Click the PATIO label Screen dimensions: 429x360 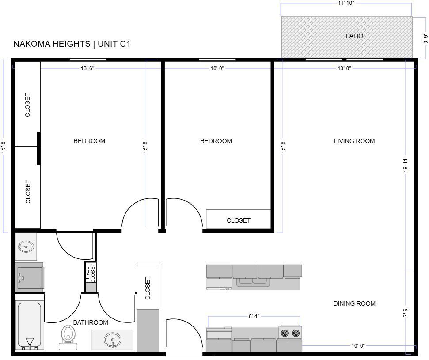click(x=354, y=36)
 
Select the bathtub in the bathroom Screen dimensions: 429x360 click(x=30, y=325)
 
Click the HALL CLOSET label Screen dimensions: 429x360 click(x=90, y=273)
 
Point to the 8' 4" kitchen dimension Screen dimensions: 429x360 click(x=254, y=316)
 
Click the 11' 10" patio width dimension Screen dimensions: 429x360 click(x=346, y=3)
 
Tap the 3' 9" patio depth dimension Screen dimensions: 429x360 click(x=425, y=38)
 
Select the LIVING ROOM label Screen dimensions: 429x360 click(x=354, y=141)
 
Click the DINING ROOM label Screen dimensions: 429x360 click(x=354, y=303)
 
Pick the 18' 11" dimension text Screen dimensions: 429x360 click(x=406, y=164)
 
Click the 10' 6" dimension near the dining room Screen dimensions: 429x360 click(x=358, y=346)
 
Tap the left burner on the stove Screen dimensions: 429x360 click(x=285, y=333)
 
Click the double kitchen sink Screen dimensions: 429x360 click(x=253, y=281)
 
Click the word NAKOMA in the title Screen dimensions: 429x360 click(x=31, y=44)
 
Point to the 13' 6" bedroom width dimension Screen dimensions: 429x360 click(x=87, y=68)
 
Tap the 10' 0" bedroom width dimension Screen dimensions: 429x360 click(x=217, y=68)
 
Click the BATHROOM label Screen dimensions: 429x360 click(x=91, y=322)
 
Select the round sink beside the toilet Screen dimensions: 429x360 click(x=112, y=340)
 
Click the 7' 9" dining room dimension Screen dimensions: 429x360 click(x=406, y=311)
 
